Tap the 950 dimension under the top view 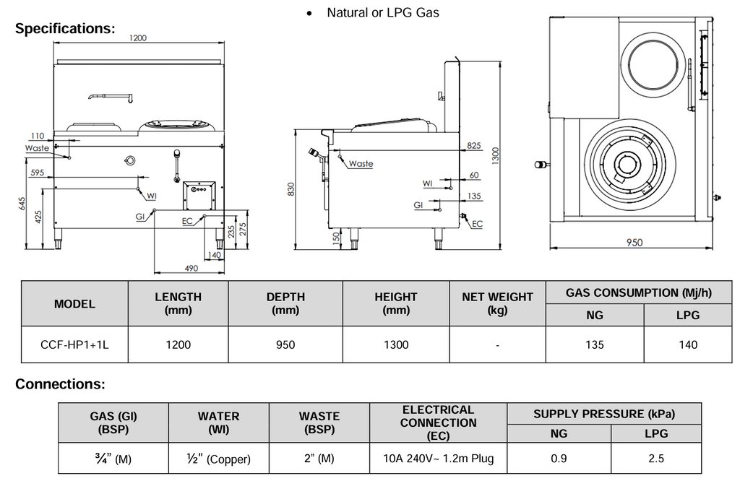(633, 243)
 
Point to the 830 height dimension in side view (291, 189)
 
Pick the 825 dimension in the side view (473, 146)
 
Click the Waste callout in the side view (361, 164)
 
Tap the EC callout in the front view (187, 221)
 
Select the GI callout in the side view (418, 205)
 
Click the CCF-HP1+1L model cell (74, 344)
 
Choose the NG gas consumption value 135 (594, 344)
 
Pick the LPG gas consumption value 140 (688, 344)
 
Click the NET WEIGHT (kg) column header (497, 303)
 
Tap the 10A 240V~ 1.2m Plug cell (438, 459)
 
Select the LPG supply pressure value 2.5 (655, 459)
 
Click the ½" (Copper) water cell (218, 459)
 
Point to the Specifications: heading (65, 29)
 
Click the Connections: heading (60, 383)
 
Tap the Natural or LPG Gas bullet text (382, 12)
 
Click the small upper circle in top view (655, 64)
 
